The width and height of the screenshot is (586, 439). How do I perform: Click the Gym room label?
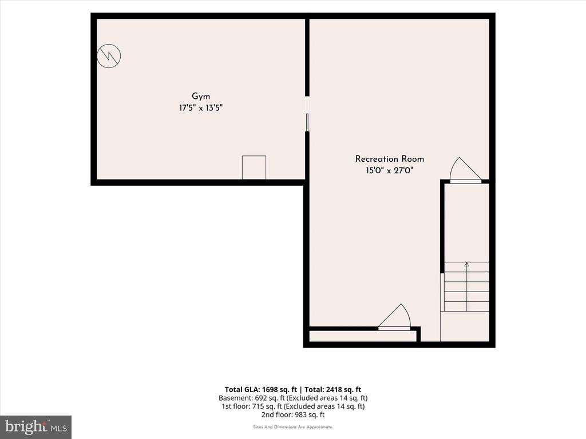point(201,97)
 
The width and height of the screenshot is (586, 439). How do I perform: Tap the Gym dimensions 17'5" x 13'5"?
point(201,108)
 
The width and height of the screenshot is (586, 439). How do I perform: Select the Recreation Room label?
point(389,159)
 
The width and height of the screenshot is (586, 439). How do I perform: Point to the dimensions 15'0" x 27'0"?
point(389,170)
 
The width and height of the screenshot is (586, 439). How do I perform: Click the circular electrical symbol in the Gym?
point(109,56)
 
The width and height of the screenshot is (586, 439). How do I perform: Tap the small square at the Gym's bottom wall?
point(254,167)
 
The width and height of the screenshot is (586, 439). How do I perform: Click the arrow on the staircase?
point(467,287)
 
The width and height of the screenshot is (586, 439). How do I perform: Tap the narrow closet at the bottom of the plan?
point(363,336)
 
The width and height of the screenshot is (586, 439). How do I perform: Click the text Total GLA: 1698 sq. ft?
point(261,390)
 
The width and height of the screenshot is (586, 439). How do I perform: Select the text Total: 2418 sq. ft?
point(333,390)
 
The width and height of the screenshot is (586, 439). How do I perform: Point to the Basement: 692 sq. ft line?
point(293,398)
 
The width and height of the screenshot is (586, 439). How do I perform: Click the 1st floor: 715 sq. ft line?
point(293,406)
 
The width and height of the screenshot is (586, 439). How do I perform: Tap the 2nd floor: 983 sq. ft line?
point(293,414)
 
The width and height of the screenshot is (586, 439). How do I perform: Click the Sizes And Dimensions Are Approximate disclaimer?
point(293,427)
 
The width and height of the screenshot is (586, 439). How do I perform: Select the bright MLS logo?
point(35,427)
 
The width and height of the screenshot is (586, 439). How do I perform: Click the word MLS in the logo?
point(59,428)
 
